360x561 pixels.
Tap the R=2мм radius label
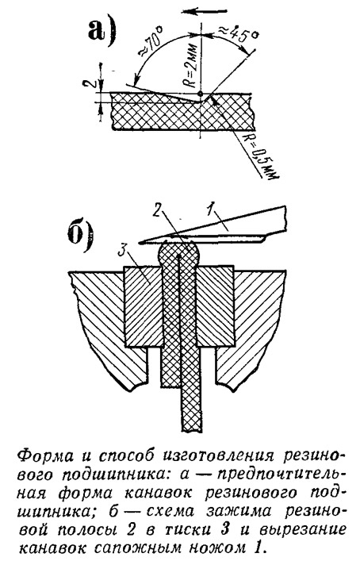[192, 67]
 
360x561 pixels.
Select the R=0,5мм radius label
[261, 156]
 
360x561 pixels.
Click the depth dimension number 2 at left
[88, 84]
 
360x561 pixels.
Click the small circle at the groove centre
[201, 94]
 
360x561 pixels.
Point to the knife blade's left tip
[140, 243]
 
